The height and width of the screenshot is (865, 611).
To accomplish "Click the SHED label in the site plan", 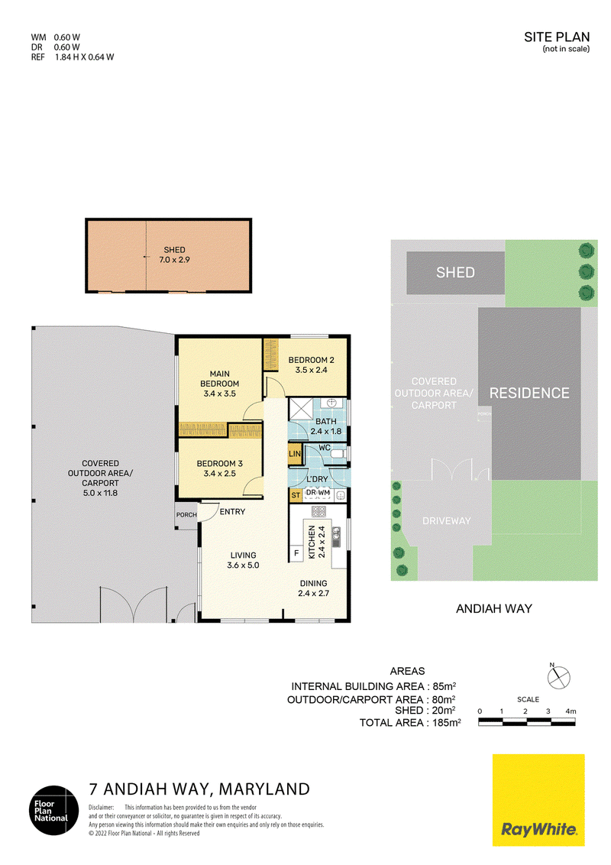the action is (x=455, y=273).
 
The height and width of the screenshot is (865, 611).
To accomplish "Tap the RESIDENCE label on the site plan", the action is (x=529, y=393).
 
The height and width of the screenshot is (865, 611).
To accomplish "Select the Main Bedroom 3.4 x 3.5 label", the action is (x=219, y=384).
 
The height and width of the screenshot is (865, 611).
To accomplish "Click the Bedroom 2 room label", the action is (x=311, y=364).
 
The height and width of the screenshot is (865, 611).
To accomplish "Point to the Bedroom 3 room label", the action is (x=219, y=468).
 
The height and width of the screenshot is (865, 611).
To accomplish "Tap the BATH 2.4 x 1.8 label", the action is (x=326, y=426).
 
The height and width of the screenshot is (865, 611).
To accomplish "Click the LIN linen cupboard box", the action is (x=295, y=453).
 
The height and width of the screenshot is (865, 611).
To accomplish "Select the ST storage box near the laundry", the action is (x=296, y=495).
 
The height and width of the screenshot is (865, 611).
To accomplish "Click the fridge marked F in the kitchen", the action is (x=296, y=553).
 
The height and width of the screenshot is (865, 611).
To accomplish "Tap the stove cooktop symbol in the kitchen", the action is (x=319, y=511).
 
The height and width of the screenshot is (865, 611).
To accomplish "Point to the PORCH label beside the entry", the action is (x=186, y=515).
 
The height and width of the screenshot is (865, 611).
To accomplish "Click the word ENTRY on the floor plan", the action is (x=232, y=512).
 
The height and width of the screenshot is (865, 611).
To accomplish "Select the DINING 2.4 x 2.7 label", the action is (x=313, y=588).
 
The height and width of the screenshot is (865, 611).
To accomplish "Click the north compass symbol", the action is (x=558, y=677).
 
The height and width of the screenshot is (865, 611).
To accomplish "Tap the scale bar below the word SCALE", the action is (x=527, y=722).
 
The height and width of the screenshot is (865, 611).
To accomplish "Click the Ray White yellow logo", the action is (x=538, y=800).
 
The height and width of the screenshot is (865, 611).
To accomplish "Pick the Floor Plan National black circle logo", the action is (x=54, y=811).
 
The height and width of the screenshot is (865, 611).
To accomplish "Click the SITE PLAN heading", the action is (x=557, y=37).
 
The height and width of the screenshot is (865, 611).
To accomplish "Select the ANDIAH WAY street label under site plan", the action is (x=494, y=608).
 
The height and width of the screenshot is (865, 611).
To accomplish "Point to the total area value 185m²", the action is (x=447, y=723).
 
